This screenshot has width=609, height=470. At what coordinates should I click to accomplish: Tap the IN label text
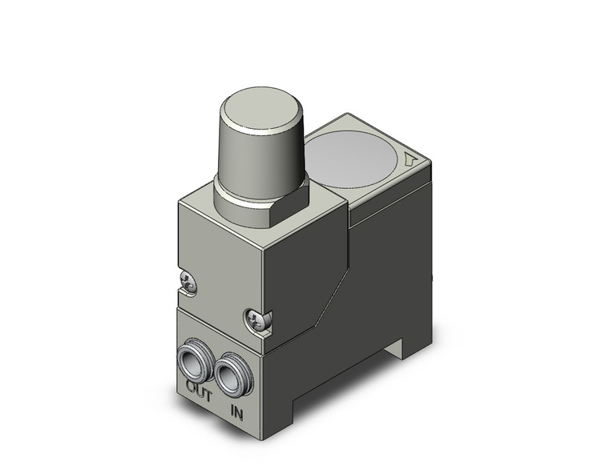236,412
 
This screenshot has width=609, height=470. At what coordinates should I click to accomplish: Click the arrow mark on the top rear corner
411,159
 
